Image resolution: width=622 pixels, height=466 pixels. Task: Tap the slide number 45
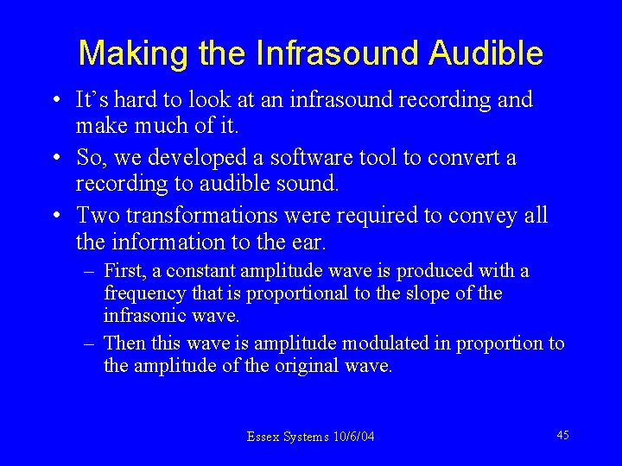point(562,435)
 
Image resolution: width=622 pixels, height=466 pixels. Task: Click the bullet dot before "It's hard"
point(54,102)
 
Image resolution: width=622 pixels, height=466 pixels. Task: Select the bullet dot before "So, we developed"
point(54,159)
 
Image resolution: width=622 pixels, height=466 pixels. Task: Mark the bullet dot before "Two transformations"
point(54,216)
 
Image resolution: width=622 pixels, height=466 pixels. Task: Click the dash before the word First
point(90,272)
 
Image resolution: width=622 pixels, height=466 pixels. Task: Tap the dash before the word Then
point(90,343)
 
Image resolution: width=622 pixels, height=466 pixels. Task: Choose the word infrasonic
point(143,315)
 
